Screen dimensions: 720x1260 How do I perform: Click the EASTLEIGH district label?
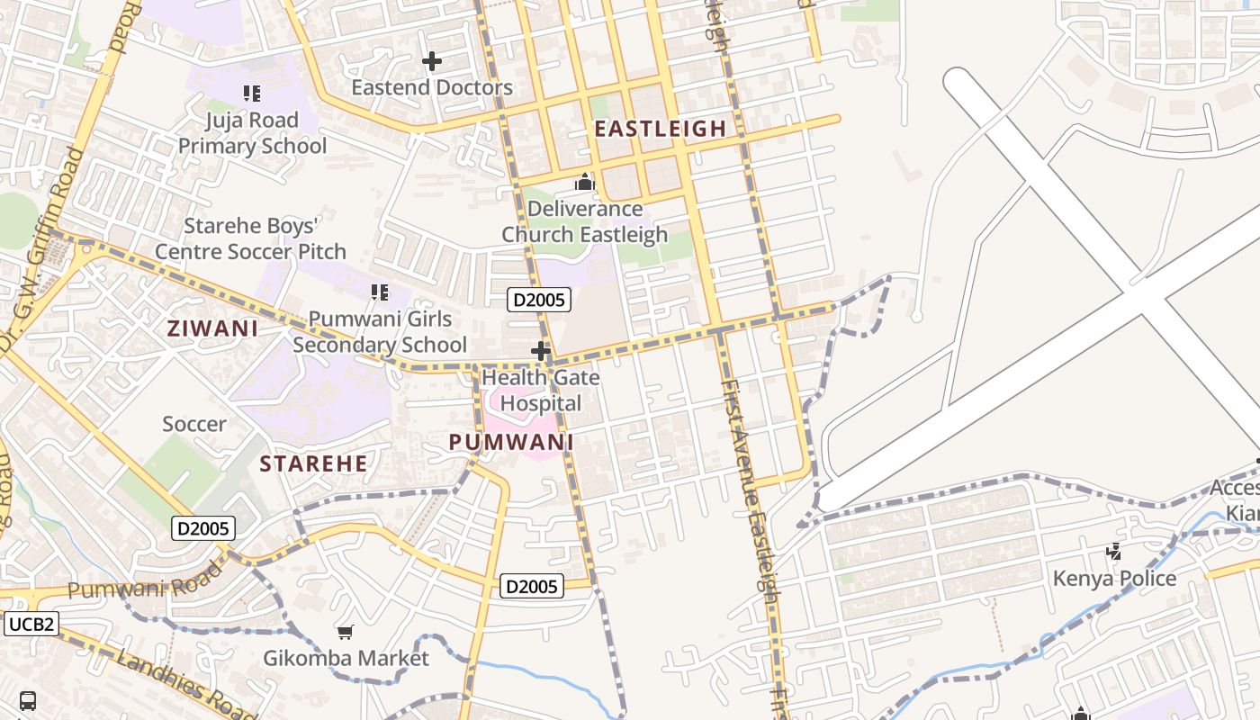pyautogui.click(x=660, y=129)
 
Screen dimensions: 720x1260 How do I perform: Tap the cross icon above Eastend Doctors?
pyautogui.click(x=432, y=61)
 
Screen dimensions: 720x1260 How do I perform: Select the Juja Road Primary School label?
pyautogui.click(x=252, y=132)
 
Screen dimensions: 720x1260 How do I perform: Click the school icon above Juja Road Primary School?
pyautogui.click(x=252, y=93)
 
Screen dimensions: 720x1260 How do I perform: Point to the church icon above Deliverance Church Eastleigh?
pyautogui.click(x=585, y=183)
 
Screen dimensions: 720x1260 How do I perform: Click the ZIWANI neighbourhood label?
pyautogui.click(x=212, y=328)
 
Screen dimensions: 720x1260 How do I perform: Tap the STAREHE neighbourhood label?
pyautogui.click(x=313, y=464)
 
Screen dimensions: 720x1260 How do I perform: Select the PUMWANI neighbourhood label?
pyautogui.click(x=511, y=442)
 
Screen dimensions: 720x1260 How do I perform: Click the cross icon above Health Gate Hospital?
pyautogui.click(x=541, y=351)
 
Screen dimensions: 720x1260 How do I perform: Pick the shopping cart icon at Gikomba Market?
pyautogui.click(x=346, y=632)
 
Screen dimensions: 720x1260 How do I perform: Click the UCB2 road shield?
pyautogui.click(x=31, y=624)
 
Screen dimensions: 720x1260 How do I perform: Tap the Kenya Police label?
pyautogui.click(x=1114, y=578)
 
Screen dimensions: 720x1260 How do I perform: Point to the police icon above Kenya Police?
pyautogui.click(x=1114, y=551)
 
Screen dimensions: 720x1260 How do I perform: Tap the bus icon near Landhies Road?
pyautogui.click(x=28, y=700)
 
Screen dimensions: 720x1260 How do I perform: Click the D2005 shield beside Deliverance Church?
pyautogui.click(x=539, y=300)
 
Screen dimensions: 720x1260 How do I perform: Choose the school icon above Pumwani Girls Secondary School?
pyautogui.click(x=380, y=292)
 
